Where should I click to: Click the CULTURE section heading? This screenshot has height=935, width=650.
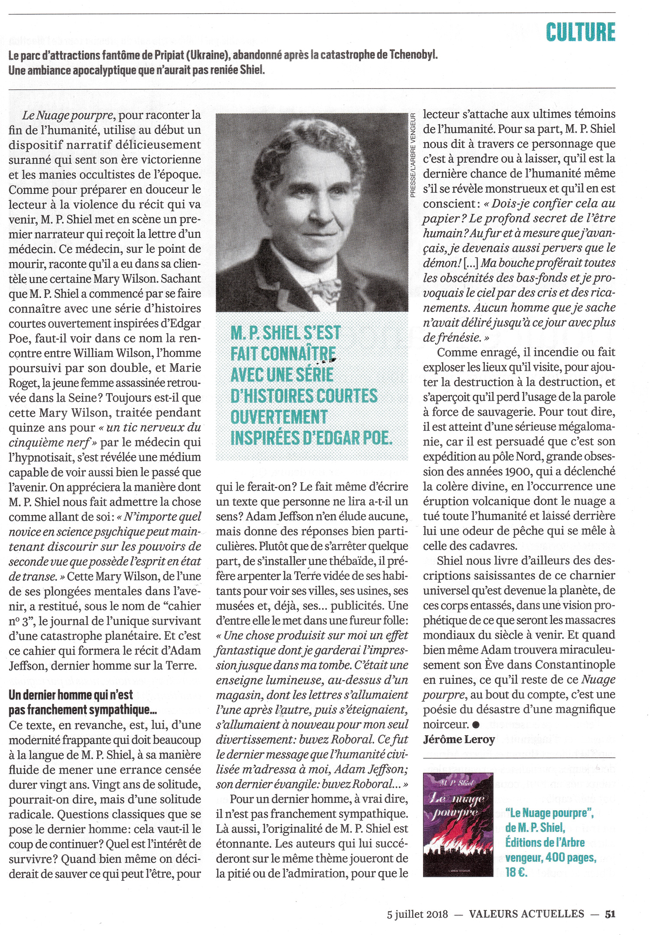(580, 32)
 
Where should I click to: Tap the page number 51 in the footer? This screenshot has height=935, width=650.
(610, 914)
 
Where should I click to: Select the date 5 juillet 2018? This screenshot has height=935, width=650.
(417, 915)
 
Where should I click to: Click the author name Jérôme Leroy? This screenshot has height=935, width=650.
(459, 739)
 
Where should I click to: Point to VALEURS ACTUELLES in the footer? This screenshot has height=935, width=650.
(526, 914)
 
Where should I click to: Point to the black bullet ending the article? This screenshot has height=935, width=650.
(476, 724)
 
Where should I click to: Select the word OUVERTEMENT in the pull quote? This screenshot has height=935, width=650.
(279, 417)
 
